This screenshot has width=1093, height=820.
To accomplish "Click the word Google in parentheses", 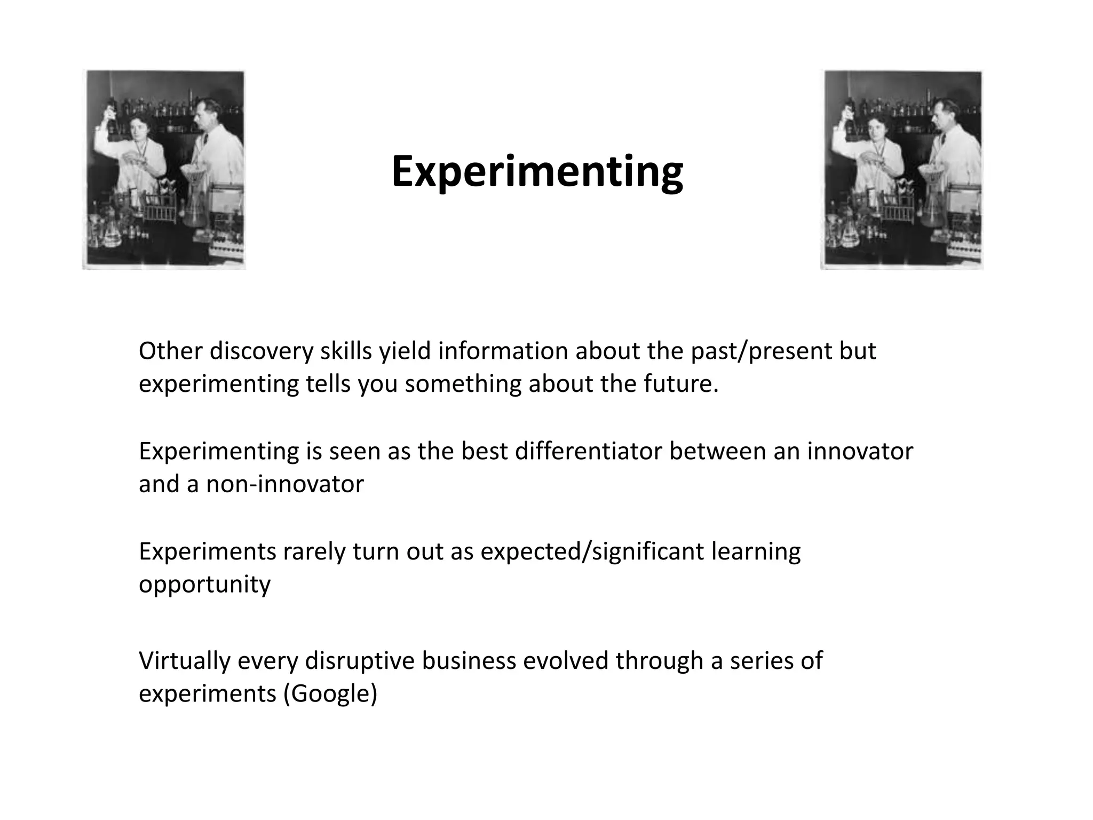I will (x=330, y=693).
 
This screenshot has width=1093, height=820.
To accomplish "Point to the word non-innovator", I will (x=285, y=484).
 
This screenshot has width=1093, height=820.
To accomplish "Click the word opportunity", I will (x=204, y=585).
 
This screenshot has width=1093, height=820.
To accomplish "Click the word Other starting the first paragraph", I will (x=170, y=351).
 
